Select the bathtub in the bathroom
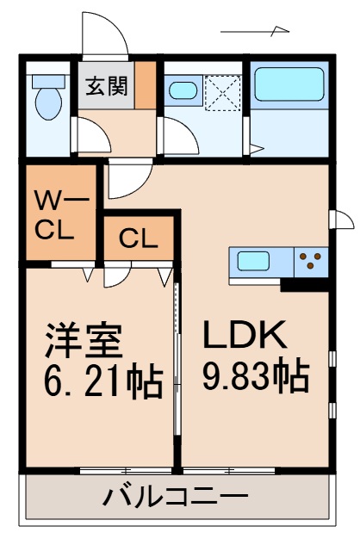coord(289,87)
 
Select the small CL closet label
coord(138,238)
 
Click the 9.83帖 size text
coord(256,375)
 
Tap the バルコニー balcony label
coord(177,498)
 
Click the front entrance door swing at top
coord(102,36)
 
